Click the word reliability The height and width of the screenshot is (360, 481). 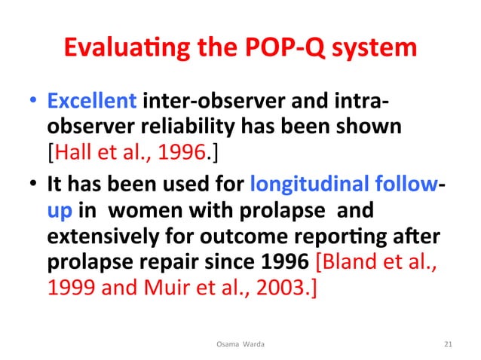click(x=202, y=127)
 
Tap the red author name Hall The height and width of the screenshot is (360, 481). click(x=68, y=154)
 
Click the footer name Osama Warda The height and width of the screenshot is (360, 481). click(x=240, y=345)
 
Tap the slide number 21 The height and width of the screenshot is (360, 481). click(x=449, y=345)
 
